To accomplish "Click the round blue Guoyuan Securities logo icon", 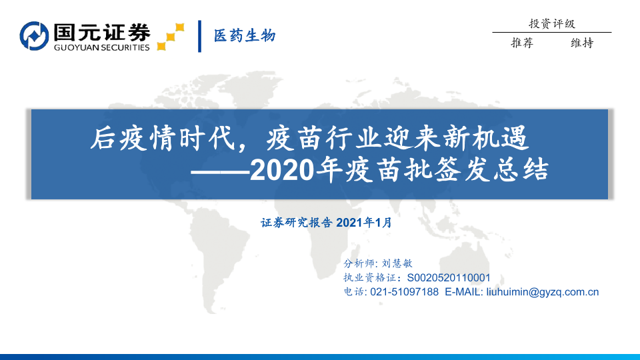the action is [x=34, y=36].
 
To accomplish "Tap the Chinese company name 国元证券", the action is [x=102, y=32].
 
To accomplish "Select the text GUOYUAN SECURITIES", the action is [x=101, y=47].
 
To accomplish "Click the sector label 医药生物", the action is [x=245, y=36].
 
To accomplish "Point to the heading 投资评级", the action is [x=552, y=24].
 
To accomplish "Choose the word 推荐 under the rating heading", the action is [x=522, y=43].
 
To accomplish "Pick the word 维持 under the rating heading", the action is [x=582, y=43].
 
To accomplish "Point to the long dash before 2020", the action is [x=220, y=171].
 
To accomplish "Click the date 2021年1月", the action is [x=364, y=223].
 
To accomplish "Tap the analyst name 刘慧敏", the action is [x=397, y=263].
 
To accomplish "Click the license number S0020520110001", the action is [x=449, y=278].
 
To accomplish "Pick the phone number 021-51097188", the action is [x=404, y=292].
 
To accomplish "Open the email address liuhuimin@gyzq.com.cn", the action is [x=543, y=292].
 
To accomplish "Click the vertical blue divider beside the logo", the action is [x=199, y=36].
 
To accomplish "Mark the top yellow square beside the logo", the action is [x=179, y=27].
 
